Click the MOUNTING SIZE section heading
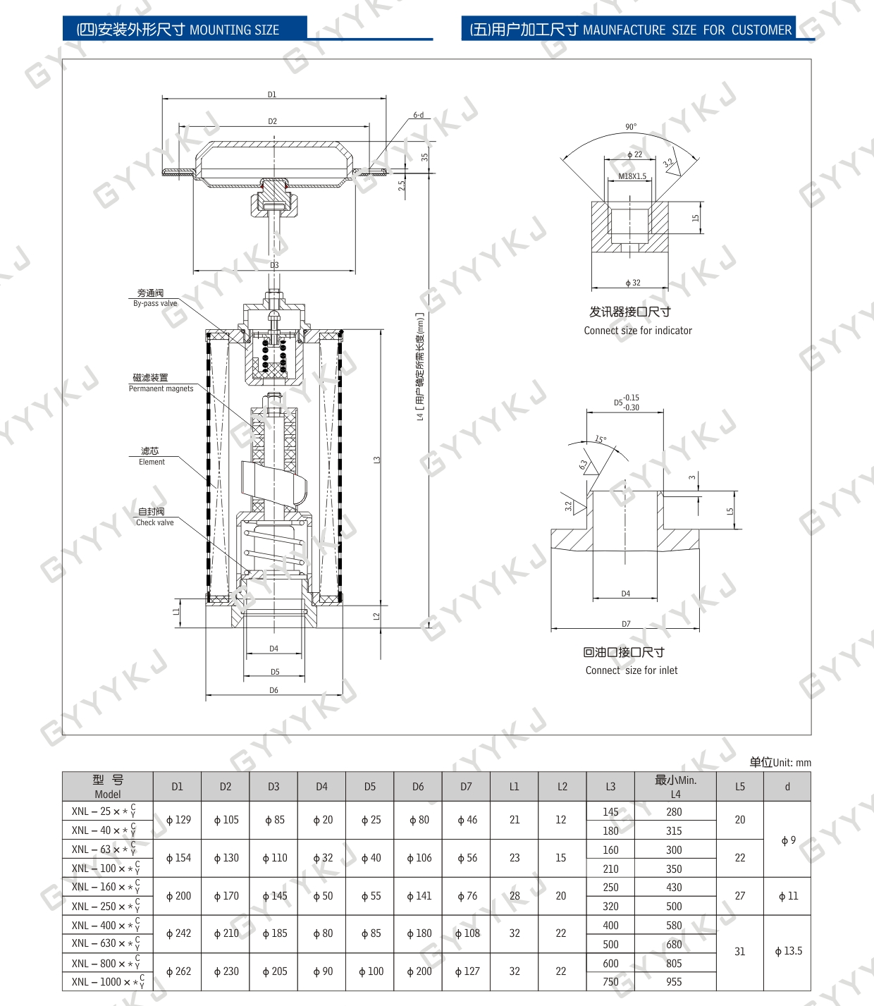[178, 30]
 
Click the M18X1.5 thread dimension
[632, 176]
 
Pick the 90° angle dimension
[631, 127]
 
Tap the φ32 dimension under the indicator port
[633, 283]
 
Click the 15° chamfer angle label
[601, 439]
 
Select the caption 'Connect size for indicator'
[638, 331]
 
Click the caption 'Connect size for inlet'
[631, 670]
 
